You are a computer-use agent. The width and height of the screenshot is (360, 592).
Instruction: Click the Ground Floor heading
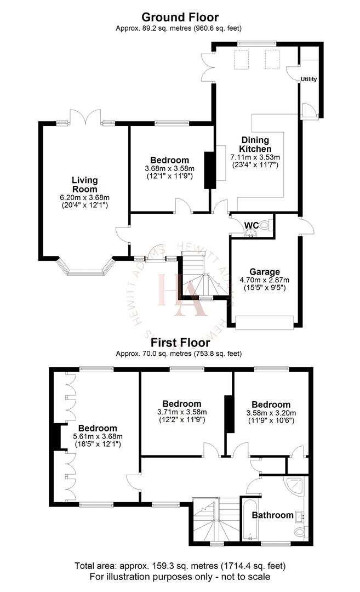point(180,18)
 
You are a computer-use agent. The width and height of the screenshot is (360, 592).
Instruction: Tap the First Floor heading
point(180,343)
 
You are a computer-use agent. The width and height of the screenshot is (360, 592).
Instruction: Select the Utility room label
point(308,79)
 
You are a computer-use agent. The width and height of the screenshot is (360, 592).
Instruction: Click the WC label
point(252,225)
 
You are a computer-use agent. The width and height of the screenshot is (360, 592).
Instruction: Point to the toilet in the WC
point(265,224)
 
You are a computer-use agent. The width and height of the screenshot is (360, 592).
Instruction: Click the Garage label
point(265,271)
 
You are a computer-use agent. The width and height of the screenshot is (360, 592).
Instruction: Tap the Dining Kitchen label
point(255,144)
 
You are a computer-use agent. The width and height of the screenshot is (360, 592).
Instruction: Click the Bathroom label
point(272,515)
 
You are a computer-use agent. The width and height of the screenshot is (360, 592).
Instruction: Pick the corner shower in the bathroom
point(296,487)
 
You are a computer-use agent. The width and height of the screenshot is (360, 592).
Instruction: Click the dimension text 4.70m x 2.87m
point(265,280)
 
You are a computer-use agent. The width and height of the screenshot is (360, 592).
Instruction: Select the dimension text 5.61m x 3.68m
point(97,436)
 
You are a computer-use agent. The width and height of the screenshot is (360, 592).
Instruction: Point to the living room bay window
point(85,269)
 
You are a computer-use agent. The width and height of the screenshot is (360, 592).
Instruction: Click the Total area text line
point(180,565)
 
